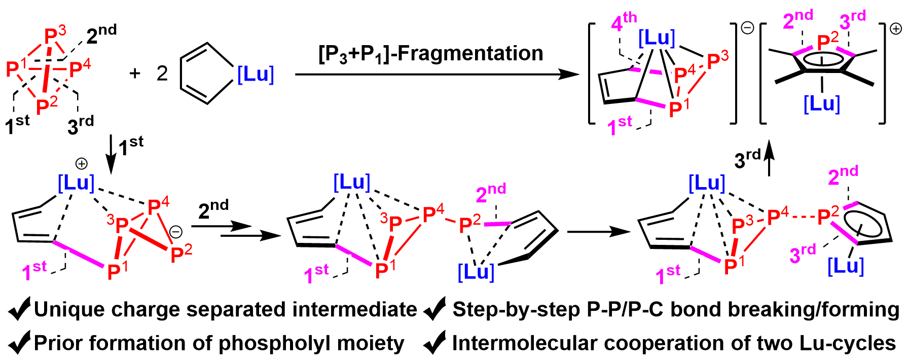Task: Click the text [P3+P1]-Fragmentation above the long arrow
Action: (x=430, y=54)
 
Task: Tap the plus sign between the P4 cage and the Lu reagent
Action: (x=134, y=74)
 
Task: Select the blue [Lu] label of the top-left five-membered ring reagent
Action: (x=256, y=75)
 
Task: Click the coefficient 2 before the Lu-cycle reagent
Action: (x=162, y=74)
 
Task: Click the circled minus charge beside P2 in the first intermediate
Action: (x=175, y=232)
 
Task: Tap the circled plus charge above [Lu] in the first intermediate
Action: (x=81, y=163)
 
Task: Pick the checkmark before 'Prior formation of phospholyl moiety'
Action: (x=19, y=344)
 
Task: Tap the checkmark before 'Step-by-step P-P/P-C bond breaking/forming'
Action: (x=435, y=309)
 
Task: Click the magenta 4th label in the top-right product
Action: (x=624, y=21)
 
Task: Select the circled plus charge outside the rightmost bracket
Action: (x=896, y=29)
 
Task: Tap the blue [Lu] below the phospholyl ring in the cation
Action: (x=822, y=104)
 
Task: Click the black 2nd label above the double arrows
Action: (x=213, y=208)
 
